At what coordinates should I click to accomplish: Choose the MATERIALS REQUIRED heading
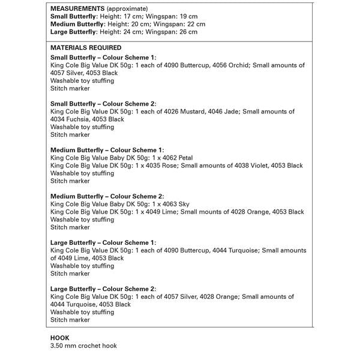pos(86,48)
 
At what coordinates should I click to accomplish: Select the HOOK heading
pos(60,338)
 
